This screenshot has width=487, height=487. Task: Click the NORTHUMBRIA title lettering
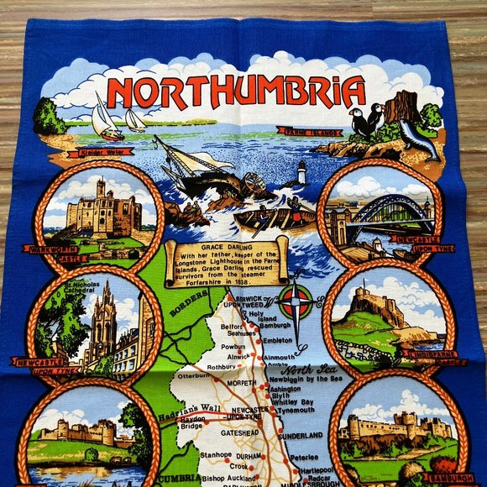(x=236, y=92)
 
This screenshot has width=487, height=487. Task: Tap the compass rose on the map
(x=296, y=300)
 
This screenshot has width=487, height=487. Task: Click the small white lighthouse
(x=301, y=173)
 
